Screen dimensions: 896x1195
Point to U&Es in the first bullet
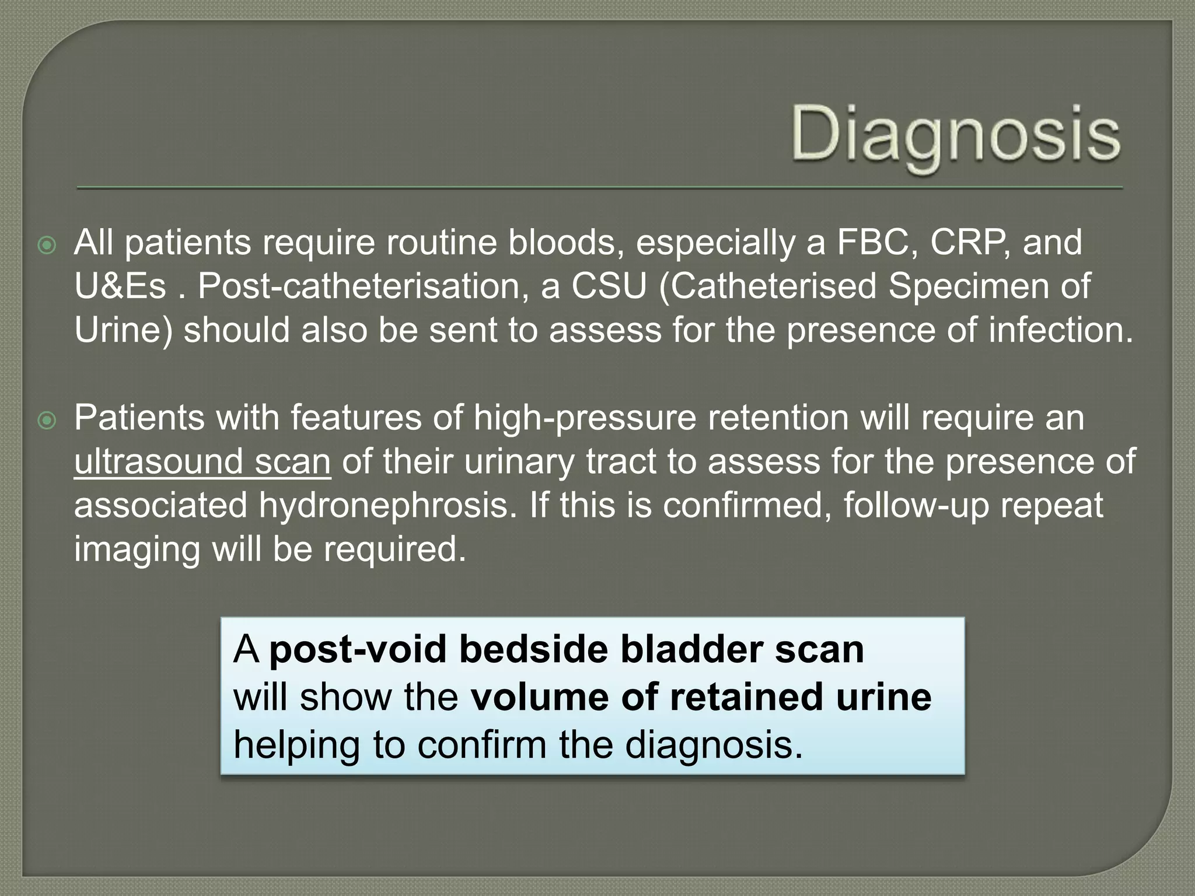click(x=120, y=286)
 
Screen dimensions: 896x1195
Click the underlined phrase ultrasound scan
click(x=202, y=461)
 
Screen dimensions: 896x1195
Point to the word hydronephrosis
click(x=387, y=505)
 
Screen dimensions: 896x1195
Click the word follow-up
click(x=917, y=505)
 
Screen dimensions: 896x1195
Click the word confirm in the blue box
click(x=484, y=745)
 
